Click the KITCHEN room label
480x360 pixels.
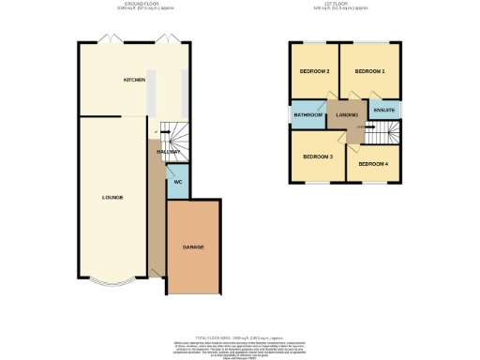pyautogui.click(x=134, y=81)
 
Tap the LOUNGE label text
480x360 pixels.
pyautogui.click(x=112, y=198)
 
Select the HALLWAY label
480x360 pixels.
pyautogui.click(x=169, y=151)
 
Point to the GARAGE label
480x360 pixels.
pyautogui.click(x=193, y=247)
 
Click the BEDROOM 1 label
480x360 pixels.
pyautogui.click(x=367, y=71)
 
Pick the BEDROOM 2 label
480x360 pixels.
pyautogui.click(x=314, y=71)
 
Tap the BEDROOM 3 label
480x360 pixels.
pyautogui.click(x=317, y=156)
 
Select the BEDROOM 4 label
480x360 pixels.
pyautogui.click(x=373, y=164)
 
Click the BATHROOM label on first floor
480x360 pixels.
pyautogui.click(x=308, y=114)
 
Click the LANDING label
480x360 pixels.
pyautogui.click(x=348, y=114)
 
